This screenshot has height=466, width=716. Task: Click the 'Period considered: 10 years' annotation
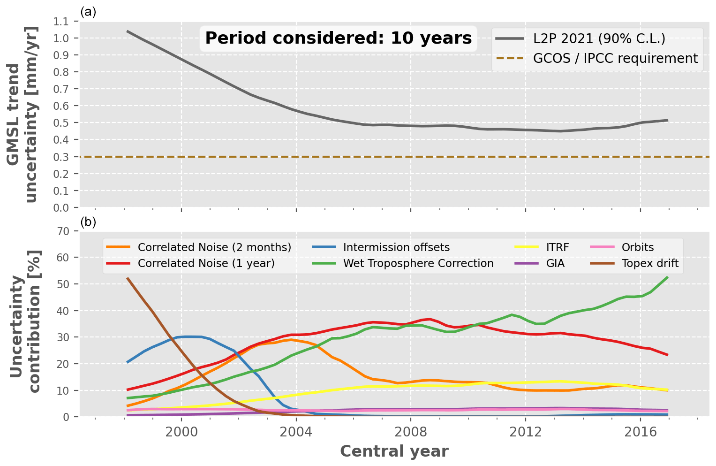(338, 38)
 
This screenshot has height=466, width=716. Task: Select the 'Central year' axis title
(394, 451)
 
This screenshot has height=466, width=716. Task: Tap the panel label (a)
(88, 12)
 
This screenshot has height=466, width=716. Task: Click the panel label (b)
(88, 222)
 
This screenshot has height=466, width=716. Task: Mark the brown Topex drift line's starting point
(128, 278)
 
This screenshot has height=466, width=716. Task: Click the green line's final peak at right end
(667, 277)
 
